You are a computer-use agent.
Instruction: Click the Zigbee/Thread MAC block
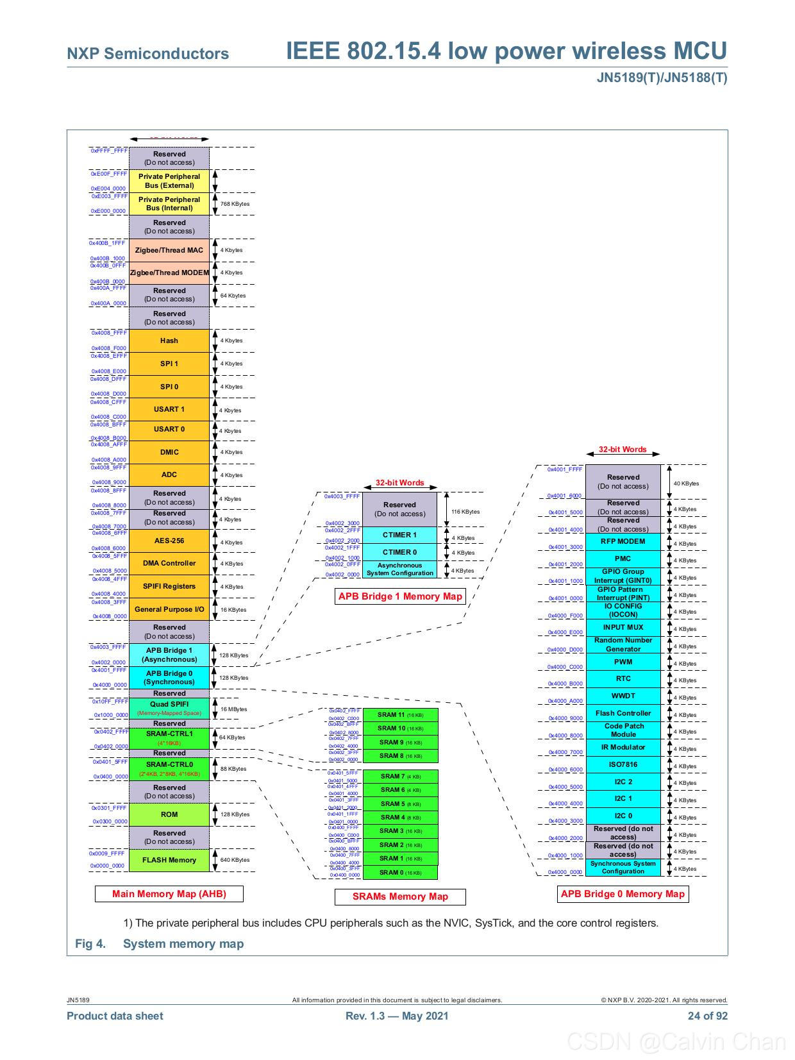point(169,250)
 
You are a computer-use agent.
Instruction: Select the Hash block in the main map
point(169,341)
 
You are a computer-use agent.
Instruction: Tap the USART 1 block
point(169,409)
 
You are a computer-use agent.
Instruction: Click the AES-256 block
point(169,541)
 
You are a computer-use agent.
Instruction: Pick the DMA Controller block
point(169,563)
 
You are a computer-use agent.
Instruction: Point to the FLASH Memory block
point(169,860)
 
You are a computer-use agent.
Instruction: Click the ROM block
point(169,814)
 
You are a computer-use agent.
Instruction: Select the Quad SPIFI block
point(169,708)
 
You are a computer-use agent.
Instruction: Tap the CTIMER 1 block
point(399,535)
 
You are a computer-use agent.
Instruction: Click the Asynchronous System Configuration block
point(399,569)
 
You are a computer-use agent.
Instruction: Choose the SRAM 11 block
point(399,714)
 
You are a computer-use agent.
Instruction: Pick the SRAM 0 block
point(399,872)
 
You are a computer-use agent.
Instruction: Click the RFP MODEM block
point(623,541)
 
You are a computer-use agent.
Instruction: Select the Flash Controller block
point(623,713)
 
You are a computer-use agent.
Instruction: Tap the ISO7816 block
point(623,764)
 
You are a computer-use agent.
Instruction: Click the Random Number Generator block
point(623,644)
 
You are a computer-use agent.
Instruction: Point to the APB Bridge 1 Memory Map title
point(400,596)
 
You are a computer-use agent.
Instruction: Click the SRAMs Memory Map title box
point(400,896)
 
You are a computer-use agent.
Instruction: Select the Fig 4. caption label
point(90,943)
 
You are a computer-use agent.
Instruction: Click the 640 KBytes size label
point(235,860)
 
